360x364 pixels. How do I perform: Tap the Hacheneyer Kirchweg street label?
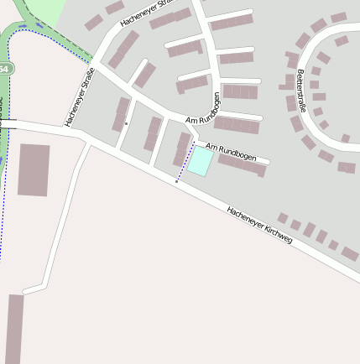[258, 225]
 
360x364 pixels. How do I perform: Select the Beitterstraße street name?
[300, 92]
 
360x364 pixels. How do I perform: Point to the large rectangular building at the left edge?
[34, 169]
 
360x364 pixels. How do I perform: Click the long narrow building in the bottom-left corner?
[14, 328]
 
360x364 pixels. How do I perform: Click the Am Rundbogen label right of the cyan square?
[231, 153]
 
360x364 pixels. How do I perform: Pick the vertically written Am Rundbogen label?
[217, 108]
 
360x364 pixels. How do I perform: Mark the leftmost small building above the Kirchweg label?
[284, 218]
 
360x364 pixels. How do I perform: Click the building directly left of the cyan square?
[181, 148]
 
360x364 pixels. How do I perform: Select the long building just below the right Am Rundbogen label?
[243, 164]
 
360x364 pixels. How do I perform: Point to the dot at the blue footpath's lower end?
[176, 181]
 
